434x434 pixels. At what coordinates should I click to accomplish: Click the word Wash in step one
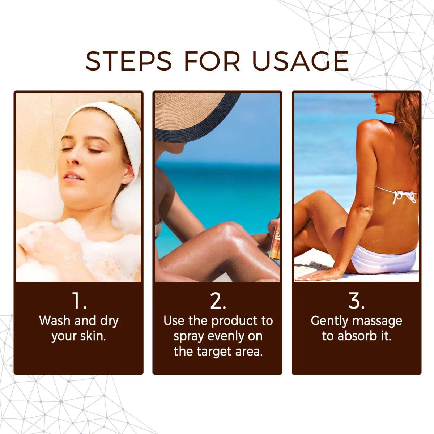pos(55,321)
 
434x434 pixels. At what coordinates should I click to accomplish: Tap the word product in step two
pos(234,321)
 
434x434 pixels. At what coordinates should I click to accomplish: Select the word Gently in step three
pos(329,321)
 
